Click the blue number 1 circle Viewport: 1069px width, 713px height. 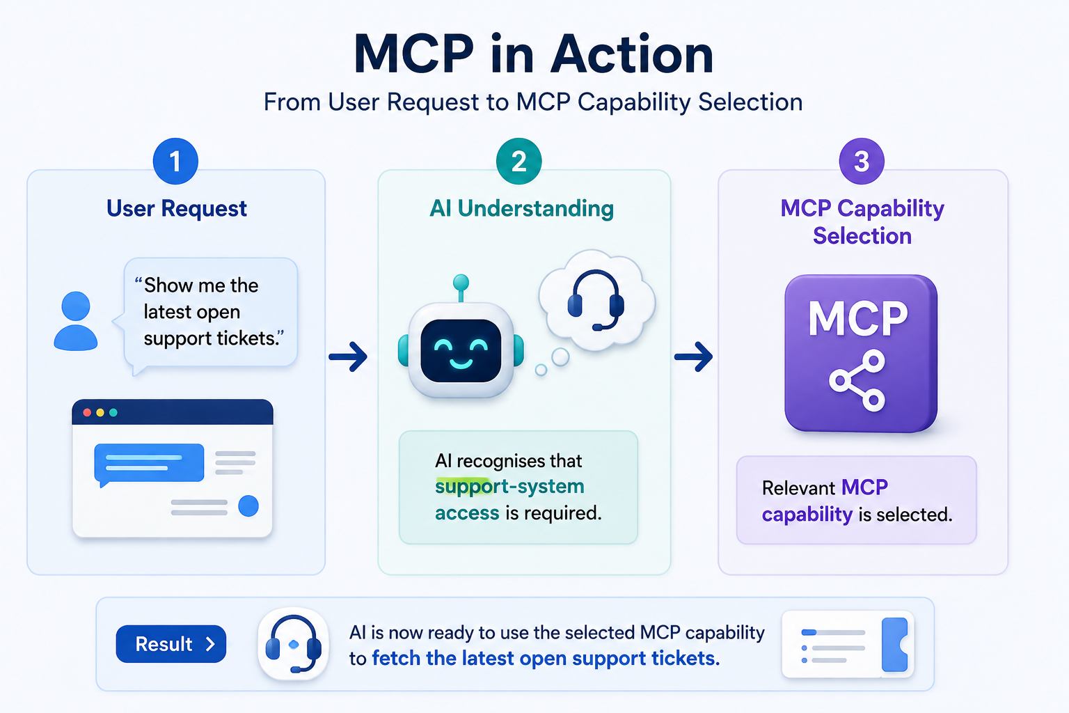[x=175, y=162]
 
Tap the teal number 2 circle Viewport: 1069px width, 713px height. [x=518, y=162]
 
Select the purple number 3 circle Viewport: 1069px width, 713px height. [x=862, y=162]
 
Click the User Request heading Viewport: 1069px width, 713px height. [x=177, y=209]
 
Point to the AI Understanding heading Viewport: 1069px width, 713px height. [x=521, y=209]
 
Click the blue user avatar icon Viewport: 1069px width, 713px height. [x=76, y=321]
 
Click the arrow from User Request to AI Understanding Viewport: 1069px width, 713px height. [x=348, y=356]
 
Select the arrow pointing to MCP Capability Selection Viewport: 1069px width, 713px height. [x=693, y=356]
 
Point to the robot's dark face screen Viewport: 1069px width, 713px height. [x=461, y=351]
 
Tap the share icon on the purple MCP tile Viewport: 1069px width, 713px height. [x=857, y=380]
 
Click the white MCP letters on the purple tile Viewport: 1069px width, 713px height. [x=858, y=318]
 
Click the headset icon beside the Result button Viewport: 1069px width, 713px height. [x=293, y=644]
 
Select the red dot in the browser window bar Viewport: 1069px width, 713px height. [x=87, y=413]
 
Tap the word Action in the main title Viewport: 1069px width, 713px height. [x=632, y=54]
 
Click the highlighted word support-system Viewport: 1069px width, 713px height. [x=509, y=487]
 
